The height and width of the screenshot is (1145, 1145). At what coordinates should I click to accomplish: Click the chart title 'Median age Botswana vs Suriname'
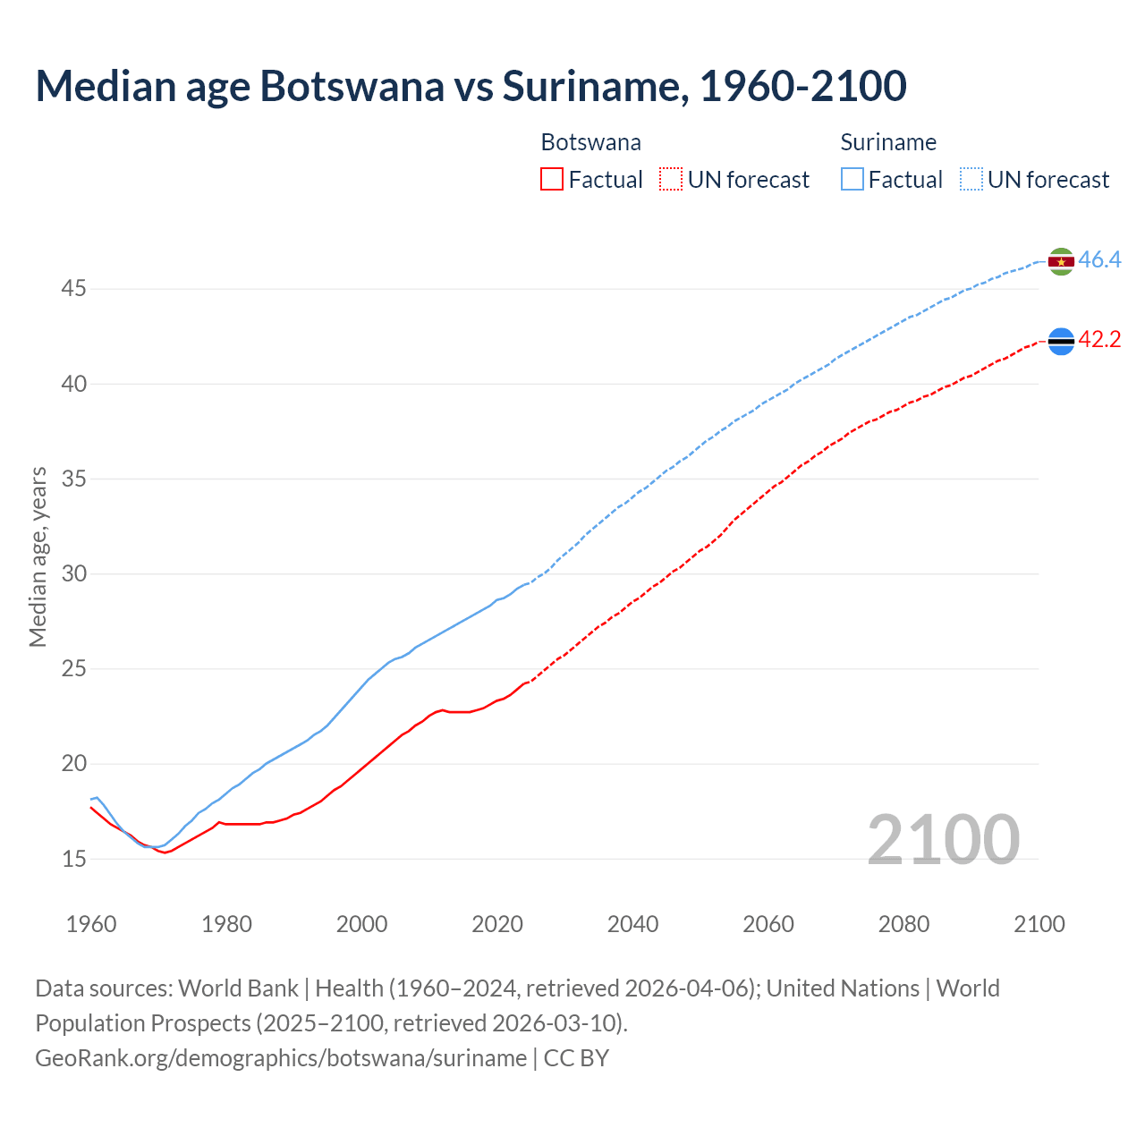(471, 86)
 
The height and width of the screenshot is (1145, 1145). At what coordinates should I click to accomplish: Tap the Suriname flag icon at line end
(1060, 261)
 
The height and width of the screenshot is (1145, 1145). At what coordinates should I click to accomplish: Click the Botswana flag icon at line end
(1060, 341)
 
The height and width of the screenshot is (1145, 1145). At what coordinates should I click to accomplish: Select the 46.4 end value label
(1099, 260)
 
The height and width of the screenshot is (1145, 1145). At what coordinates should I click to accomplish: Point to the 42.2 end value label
(1099, 340)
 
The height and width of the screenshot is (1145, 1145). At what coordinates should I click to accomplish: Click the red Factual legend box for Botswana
(552, 180)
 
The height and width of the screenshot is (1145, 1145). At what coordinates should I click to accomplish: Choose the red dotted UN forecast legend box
(671, 180)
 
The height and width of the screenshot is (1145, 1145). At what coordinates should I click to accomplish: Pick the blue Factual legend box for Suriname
(852, 180)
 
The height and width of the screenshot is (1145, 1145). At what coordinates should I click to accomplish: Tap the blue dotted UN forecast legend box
(971, 180)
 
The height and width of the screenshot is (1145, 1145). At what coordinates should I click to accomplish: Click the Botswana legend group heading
(590, 142)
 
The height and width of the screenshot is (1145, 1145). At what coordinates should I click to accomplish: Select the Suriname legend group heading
(888, 142)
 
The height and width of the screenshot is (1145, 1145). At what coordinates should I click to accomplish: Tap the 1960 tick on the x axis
(91, 924)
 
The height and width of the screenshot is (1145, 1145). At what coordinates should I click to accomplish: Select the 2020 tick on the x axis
(497, 924)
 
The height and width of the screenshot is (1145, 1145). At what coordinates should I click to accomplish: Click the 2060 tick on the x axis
(768, 924)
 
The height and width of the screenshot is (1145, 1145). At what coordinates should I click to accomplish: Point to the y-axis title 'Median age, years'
(38, 556)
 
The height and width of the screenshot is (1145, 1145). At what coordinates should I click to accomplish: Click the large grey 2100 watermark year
(943, 839)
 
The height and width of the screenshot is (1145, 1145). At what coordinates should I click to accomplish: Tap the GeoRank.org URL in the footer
(281, 1058)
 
